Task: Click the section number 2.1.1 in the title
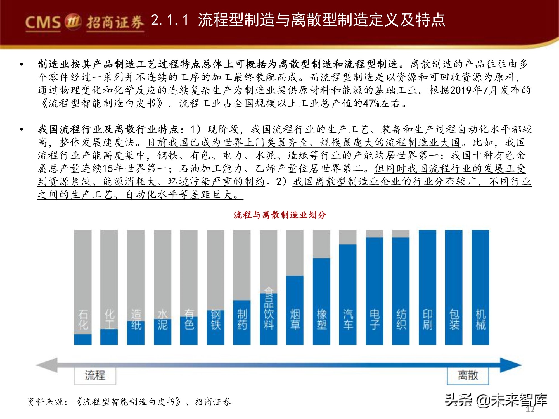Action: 170,20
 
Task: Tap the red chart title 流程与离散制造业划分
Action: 280,215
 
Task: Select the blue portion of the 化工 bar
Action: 109,337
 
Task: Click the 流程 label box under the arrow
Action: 95,376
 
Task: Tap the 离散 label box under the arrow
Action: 468,376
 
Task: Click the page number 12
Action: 530,410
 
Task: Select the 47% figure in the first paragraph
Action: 371,103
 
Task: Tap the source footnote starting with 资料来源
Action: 129,402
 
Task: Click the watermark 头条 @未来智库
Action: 496,400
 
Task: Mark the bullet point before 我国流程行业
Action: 22,130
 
